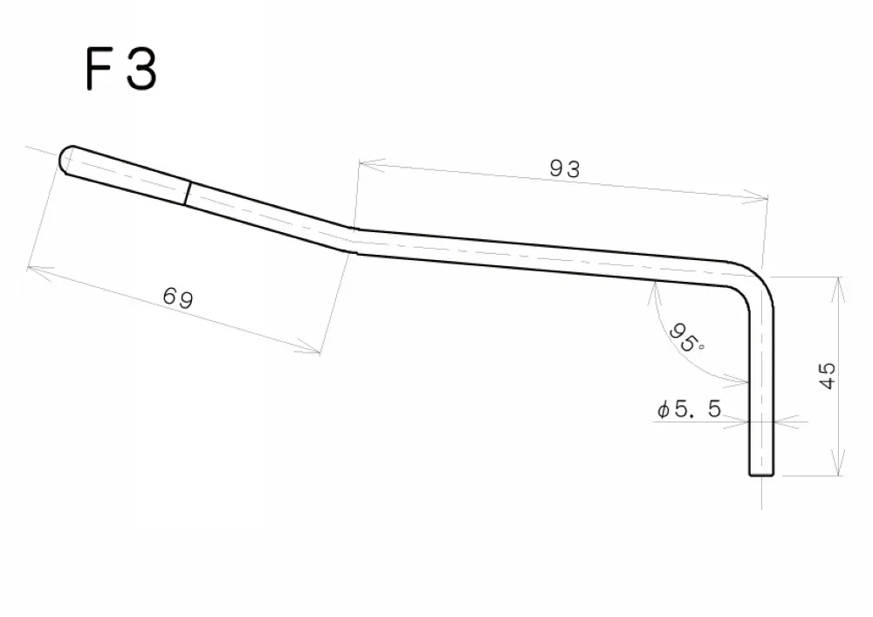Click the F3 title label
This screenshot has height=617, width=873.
coord(121,69)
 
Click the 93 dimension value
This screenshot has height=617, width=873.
coord(565,168)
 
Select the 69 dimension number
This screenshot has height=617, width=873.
coord(178,297)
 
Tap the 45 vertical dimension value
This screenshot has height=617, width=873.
coord(828,375)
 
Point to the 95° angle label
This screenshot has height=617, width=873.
coord(686,339)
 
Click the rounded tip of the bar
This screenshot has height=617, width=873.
coord(66,160)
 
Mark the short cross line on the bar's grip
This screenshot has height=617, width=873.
coord(188,193)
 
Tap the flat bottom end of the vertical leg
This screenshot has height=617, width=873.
coord(761,475)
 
